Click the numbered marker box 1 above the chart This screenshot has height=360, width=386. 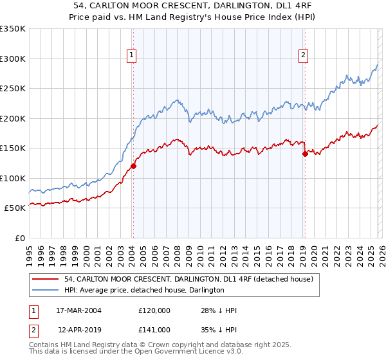132,56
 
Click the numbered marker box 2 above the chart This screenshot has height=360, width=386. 303,56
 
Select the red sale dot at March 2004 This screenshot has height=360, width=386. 133,166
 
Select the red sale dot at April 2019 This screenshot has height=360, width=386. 305,154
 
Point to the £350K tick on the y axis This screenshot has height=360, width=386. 13,29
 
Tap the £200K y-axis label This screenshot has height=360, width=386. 13,118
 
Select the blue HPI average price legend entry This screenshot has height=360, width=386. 144,290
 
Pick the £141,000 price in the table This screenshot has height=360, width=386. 154,329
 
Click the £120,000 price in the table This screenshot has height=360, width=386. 154,310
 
